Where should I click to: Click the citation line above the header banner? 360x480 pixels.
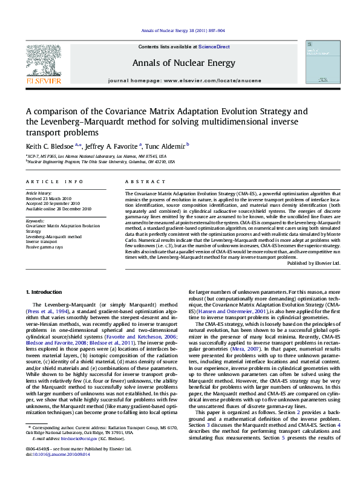tap(180, 30)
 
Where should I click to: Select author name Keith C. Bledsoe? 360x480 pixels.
tap(50, 145)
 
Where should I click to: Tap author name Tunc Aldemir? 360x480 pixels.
tap(166, 145)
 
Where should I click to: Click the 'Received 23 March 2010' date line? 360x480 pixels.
tap(53, 198)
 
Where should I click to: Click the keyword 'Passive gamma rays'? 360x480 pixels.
tap(44, 247)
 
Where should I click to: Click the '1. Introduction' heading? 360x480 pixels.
tap(46, 293)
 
